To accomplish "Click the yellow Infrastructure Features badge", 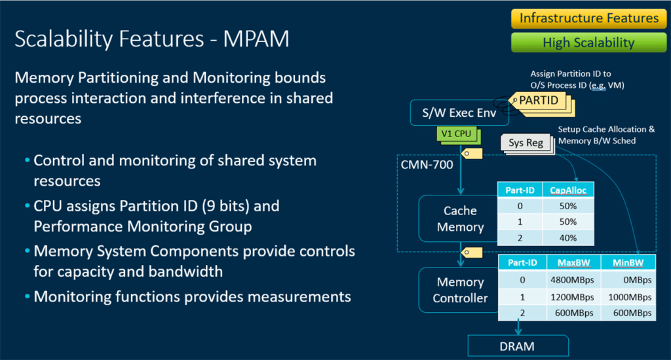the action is pyautogui.click(x=588, y=18).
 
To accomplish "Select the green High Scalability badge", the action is pyautogui.click(x=588, y=43).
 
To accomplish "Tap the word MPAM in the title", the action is pyautogui.click(x=256, y=39).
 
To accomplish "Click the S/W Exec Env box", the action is pyautogui.click(x=459, y=113).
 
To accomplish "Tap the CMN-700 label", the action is pyautogui.click(x=427, y=165).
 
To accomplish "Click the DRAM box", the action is pyautogui.click(x=518, y=346).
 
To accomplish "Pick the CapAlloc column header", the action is pyautogui.click(x=568, y=190).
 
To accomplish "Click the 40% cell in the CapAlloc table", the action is pyautogui.click(x=568, y=238).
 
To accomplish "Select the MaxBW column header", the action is pyautogui.click(x=573, y=262).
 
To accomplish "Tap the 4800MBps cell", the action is pyautogui.click(x=573, y=280).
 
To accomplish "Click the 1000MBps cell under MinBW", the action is pyautogui.click(x=628, y=297).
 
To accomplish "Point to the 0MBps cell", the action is pyautogui.click(x=628, y=280).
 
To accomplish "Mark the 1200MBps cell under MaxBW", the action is pyautogui.click(x=573, y=297).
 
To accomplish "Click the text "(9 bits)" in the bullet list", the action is pyautogui.click(x=225, y=207).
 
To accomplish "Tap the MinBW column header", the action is pyautogui.click(x=628, y=262).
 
